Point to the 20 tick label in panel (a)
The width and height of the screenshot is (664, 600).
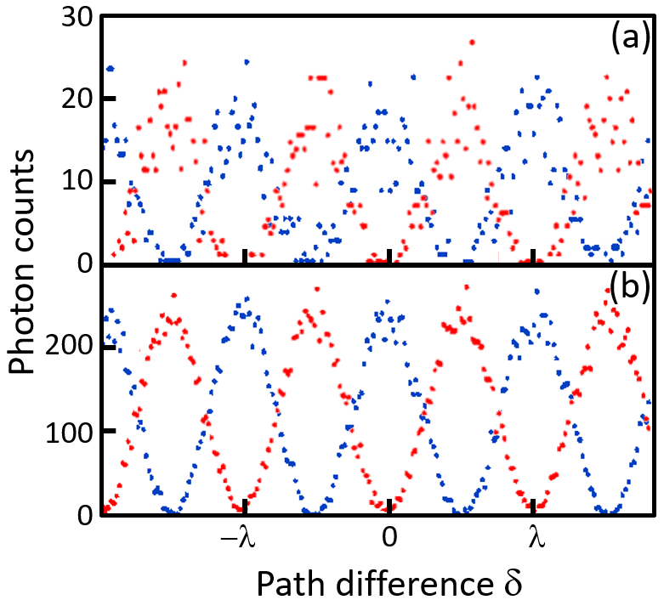coord(76,99)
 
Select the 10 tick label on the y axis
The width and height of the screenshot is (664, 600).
coord(76,182)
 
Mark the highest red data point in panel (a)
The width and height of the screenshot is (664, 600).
coord(473,42)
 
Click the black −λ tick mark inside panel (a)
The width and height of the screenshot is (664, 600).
coord(245,258)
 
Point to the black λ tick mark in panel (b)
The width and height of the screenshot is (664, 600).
coord(532,507)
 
